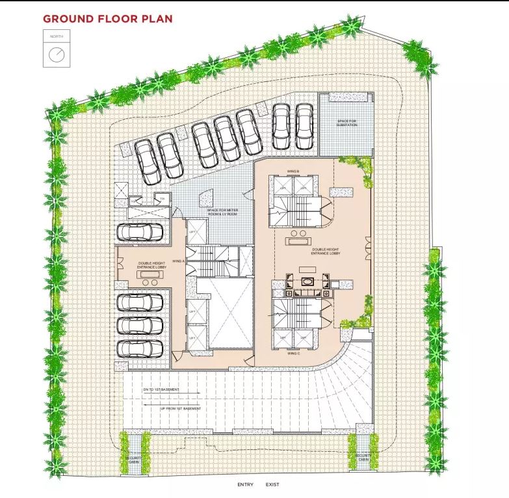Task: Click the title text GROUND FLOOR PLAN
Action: click(108, 18)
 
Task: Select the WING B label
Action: click(293, 171)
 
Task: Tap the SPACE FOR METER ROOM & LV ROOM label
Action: click(222, 212)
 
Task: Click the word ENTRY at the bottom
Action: click(245, 484)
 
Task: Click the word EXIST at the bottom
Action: click(272, 484)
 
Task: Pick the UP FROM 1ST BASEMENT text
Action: click(181, 408)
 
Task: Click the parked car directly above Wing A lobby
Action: click(142, 231)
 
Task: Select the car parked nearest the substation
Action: click(304, 126)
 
